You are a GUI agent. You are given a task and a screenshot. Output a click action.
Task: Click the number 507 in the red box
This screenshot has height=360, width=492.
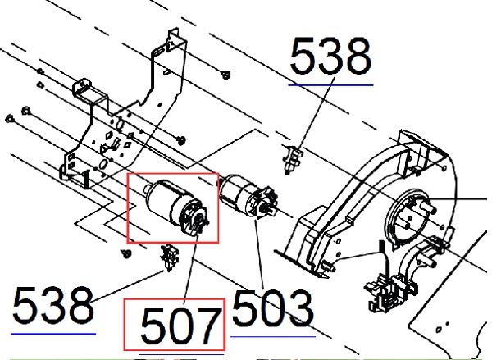coord(180,326)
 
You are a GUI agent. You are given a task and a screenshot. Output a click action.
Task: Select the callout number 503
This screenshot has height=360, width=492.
coord(272,308)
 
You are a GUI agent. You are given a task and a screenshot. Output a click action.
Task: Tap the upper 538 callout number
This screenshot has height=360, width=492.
coord(330,56)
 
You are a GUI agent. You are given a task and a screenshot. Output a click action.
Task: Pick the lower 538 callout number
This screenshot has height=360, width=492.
coord(52,304)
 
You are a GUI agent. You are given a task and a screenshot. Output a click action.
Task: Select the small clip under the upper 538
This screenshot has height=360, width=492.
coord(293,159)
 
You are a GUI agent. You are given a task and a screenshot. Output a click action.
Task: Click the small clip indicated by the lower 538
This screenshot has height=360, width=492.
coord(170,257)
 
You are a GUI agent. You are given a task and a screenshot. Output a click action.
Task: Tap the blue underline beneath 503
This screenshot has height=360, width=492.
coord(273,337)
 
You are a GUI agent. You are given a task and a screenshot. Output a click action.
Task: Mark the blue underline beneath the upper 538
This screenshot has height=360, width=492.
coord(330,84)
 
